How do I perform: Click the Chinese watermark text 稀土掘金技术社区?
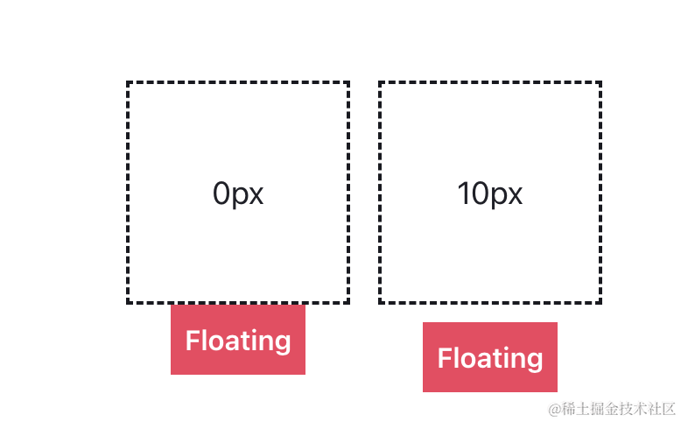click(619, 409)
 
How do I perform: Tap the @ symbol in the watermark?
click(554, 409)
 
